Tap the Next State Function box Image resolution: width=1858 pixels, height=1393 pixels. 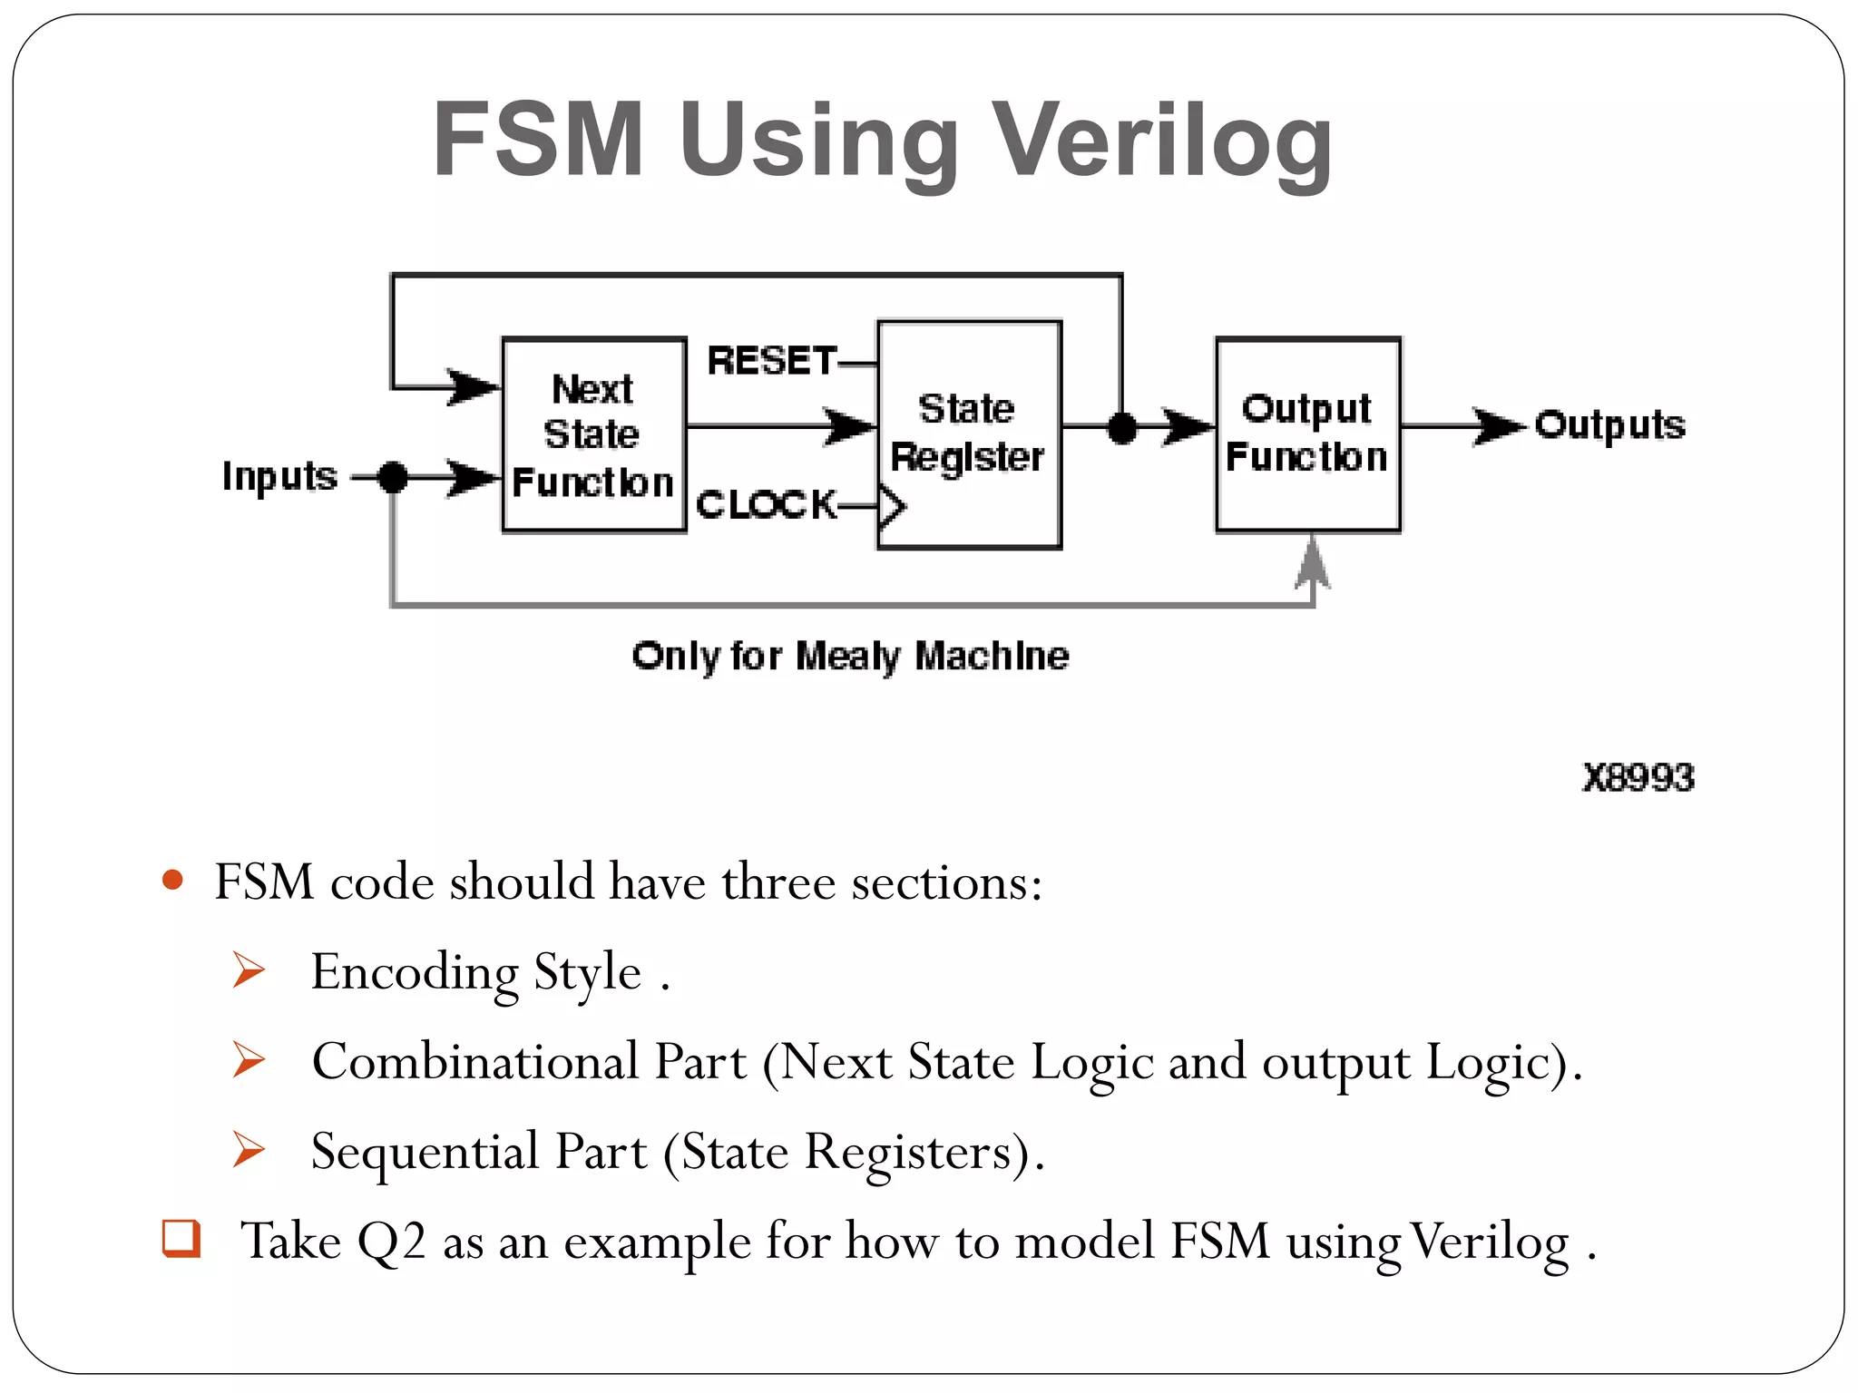point(594,435)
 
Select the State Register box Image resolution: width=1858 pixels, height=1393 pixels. point(969,434)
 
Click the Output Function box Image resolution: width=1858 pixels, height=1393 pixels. point(1307,434)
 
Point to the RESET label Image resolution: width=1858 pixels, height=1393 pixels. point(771,361)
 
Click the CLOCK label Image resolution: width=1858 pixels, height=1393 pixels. point(767,504)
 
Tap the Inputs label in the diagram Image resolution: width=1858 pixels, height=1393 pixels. point(279,476)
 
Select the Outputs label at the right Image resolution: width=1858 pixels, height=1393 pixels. point(1609,425)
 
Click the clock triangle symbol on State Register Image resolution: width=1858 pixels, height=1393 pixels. point(892,506)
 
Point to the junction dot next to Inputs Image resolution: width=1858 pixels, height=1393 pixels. point(393,476)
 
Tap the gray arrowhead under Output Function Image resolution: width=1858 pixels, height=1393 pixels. point(1312,562)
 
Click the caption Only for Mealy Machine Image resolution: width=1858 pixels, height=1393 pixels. point(850,656)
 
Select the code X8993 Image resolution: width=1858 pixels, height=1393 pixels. point(1638,778)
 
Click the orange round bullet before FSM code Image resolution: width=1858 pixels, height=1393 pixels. point(172,880)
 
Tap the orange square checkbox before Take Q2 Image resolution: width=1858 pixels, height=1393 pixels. point(181,1238)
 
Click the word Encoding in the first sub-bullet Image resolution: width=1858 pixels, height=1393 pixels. point(415,972)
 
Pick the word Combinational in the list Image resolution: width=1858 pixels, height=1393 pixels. point(475,1061)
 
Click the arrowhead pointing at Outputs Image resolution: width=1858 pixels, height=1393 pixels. point(1497,425)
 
